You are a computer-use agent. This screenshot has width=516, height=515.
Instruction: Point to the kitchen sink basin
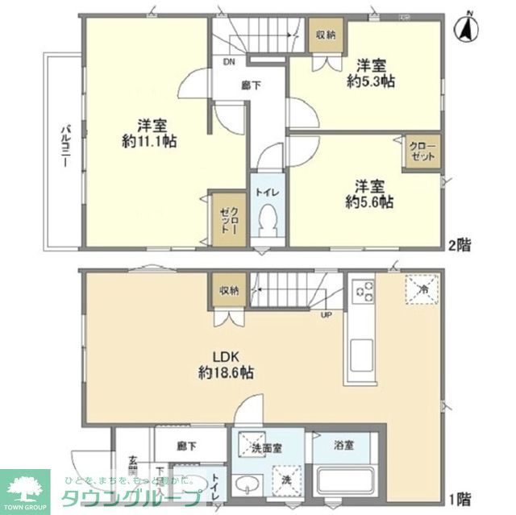pyautogui.click(x=360, y=353)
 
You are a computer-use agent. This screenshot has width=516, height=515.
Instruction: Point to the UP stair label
pyautogui.click(x=328, y=315)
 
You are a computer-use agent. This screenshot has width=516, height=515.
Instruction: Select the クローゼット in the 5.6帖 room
pyautogui.click(x=422, y=153)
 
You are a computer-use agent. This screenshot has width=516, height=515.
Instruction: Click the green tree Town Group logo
pyautogui.click(x=26, y=487)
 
